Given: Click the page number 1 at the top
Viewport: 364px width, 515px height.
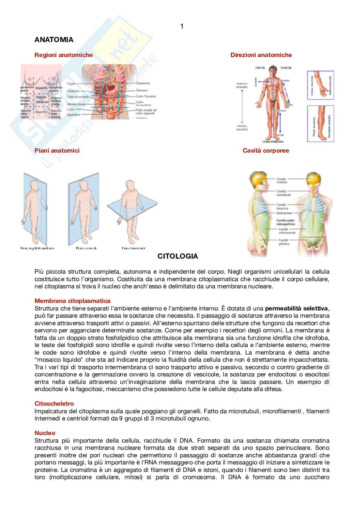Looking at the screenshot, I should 182,26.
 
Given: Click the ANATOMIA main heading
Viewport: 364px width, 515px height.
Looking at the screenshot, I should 54,40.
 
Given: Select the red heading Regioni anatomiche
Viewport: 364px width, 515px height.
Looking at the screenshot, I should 64,55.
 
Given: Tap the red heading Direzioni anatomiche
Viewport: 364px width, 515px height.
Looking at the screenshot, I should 261,55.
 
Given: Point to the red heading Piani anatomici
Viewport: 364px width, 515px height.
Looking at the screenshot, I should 57,151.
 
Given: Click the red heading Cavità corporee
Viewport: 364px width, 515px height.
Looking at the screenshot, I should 265,151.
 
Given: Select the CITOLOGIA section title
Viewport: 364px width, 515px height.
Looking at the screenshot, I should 177,256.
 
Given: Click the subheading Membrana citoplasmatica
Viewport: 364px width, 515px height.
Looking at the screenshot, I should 72,301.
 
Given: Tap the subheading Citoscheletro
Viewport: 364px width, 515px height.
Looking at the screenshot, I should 54,404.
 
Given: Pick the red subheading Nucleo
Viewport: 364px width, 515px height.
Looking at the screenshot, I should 45,433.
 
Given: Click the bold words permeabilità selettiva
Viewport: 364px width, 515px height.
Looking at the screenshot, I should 296,309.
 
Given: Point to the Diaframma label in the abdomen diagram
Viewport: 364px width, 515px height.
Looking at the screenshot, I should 143,83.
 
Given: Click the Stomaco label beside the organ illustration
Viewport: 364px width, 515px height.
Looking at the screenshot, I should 142,90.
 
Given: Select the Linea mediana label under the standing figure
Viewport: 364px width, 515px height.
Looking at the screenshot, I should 273,142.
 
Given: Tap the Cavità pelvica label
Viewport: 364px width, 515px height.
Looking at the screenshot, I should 283,242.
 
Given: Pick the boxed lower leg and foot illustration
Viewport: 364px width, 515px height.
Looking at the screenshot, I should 320,124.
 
